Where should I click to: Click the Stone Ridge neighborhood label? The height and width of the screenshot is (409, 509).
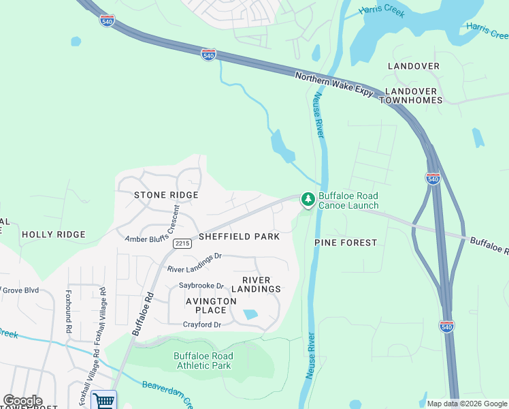click(166, 195)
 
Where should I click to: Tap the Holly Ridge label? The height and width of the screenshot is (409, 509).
click(54, 234)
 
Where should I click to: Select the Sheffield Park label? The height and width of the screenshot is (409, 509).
click(239, 237)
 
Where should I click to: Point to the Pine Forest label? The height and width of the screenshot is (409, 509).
click(346, 243)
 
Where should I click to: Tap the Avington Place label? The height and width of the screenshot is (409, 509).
click(211, 305)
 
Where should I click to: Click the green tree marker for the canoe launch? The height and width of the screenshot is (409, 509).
click(308, 199)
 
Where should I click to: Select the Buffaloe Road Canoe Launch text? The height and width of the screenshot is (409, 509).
click(348, 200)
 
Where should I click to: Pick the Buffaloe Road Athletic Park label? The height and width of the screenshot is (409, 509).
click(203, 361)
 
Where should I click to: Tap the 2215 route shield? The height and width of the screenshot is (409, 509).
click(181, 243)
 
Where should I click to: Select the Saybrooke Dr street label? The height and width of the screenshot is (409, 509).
click(201, 286)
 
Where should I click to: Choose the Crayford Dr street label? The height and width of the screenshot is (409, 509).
click(202, 324)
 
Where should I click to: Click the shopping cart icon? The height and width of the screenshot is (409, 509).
click(103, 400)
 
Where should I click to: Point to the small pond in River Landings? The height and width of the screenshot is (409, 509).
click(250, 314)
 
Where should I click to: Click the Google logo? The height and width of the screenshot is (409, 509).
click(22, 401)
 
